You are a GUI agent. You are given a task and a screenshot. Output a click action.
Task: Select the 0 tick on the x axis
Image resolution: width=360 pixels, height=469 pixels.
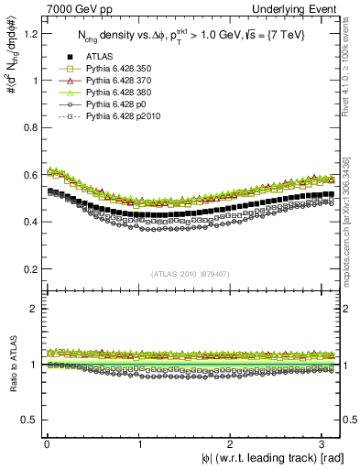(x=47, y=444)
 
